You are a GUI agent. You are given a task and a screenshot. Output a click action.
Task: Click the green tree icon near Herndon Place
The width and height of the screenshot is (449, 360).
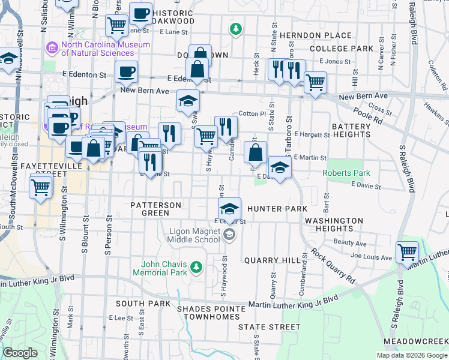[x=237, y=28]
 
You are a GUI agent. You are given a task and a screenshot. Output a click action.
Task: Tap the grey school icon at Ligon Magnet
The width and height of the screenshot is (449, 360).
[x=229, y=235]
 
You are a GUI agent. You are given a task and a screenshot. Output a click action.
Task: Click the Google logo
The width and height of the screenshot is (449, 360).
[x=20, y=353]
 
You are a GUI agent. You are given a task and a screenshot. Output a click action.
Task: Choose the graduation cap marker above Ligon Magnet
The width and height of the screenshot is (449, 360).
[x=229, y=210]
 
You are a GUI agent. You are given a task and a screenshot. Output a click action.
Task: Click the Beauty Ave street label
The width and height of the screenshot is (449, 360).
[x=350, y=243]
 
